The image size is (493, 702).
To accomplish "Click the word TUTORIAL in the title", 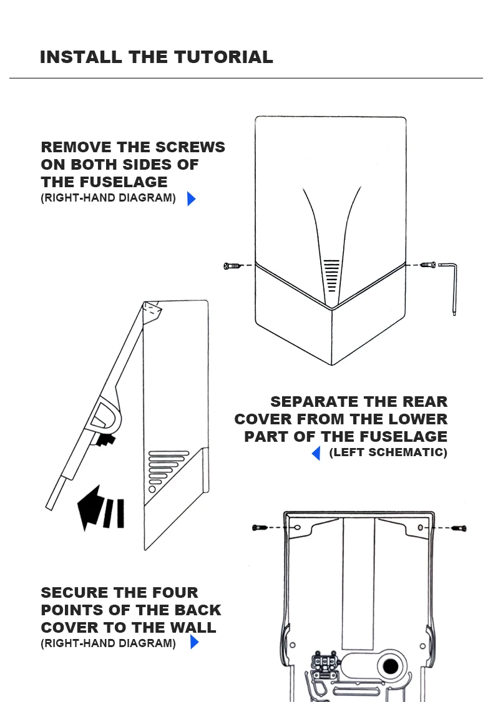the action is pos(223,57).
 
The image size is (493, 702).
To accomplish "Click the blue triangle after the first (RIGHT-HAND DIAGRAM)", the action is pos(191,199).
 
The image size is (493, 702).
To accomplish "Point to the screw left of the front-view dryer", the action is pos(232,266).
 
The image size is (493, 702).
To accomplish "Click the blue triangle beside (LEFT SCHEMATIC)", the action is pos(316,453).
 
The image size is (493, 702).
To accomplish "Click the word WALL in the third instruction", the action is pos(192,628).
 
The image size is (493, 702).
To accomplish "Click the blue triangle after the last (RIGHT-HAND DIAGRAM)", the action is pos(194,642).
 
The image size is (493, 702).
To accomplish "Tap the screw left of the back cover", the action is pos(260,528).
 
